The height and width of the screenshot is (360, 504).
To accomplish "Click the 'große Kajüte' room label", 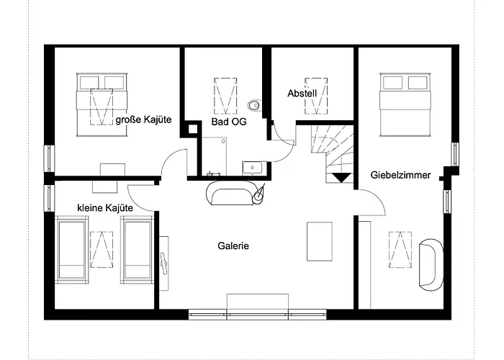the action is pos(143,120).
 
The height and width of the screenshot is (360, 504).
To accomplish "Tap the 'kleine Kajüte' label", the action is pos(105,208).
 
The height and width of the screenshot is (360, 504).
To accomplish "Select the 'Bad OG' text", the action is pos(229,122).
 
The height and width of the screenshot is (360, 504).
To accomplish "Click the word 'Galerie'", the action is pos(233,246).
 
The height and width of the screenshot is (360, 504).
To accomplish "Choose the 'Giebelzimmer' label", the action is pos(400,175).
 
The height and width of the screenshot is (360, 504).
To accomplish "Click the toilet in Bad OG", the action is pos(255,105).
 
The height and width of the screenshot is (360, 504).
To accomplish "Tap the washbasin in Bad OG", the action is pos(252,168).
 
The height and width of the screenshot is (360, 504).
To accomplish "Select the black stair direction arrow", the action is pos(341,178).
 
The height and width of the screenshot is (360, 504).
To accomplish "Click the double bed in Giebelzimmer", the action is pos(405,105).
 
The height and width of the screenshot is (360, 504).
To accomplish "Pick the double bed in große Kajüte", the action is pos(102,105).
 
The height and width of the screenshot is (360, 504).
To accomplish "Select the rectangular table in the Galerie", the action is pos(320,241).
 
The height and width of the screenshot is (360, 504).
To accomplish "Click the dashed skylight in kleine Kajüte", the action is pos(102,249).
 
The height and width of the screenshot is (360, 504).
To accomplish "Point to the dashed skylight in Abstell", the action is pos(316,96).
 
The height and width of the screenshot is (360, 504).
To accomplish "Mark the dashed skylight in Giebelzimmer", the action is pos(400,249).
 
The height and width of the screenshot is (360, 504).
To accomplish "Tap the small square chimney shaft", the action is pos(192,129).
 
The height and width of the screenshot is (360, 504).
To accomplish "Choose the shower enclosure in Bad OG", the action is pos(214,156).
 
